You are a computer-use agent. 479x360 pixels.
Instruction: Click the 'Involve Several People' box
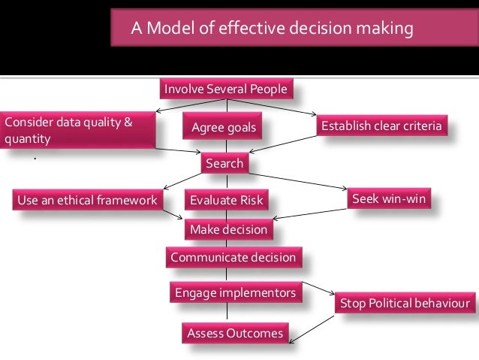(225, 90)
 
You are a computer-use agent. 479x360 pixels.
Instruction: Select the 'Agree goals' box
(223, 128)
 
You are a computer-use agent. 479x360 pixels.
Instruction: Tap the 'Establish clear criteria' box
(381, 126)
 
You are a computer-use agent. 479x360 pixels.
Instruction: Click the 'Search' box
(224, 163)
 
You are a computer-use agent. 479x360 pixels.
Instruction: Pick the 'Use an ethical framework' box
(87, 201)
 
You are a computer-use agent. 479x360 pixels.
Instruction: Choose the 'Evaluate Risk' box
(226, 201)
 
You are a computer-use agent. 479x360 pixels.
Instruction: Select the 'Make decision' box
(227, 229)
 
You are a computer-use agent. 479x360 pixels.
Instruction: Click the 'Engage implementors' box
(235, 292)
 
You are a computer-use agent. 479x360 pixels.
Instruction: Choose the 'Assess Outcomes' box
(234, 332)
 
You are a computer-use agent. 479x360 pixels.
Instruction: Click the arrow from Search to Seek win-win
(300, 180)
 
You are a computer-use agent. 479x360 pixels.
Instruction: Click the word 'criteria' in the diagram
(420, 126)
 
